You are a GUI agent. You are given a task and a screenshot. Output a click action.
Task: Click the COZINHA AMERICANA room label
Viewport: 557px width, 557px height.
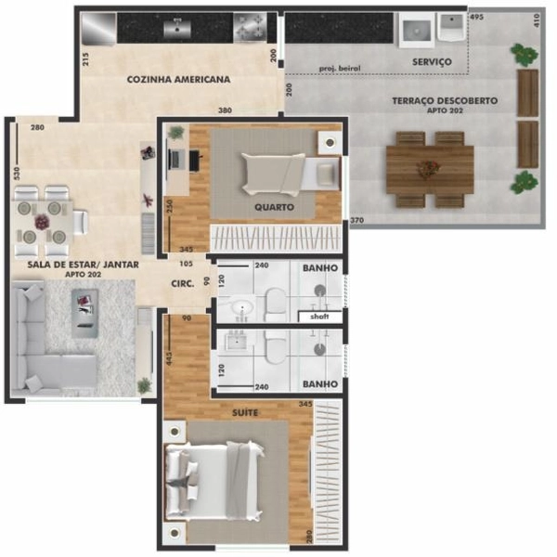coord(178,80)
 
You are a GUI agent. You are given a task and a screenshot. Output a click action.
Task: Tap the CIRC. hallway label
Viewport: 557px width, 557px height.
coord(182,284)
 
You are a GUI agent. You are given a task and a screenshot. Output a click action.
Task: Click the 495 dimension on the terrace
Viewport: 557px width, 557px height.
coord(476,18)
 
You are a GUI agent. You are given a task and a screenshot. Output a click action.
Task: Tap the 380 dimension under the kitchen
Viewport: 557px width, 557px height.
coord(225,110)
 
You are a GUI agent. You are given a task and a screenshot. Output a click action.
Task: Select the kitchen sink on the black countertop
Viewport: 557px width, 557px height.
coord(176,29)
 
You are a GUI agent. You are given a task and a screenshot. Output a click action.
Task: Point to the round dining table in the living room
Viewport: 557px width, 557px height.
coord(42,223)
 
